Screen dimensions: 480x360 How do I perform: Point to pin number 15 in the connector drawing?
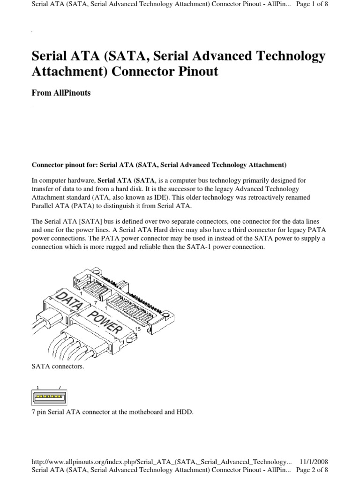pos(137,329)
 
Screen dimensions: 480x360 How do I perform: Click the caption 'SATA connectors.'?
pos(58,366)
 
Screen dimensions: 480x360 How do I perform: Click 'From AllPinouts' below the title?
pos(61,93)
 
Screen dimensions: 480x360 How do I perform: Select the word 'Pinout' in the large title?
pos(194,73)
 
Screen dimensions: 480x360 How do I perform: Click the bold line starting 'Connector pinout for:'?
pos(158,165)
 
